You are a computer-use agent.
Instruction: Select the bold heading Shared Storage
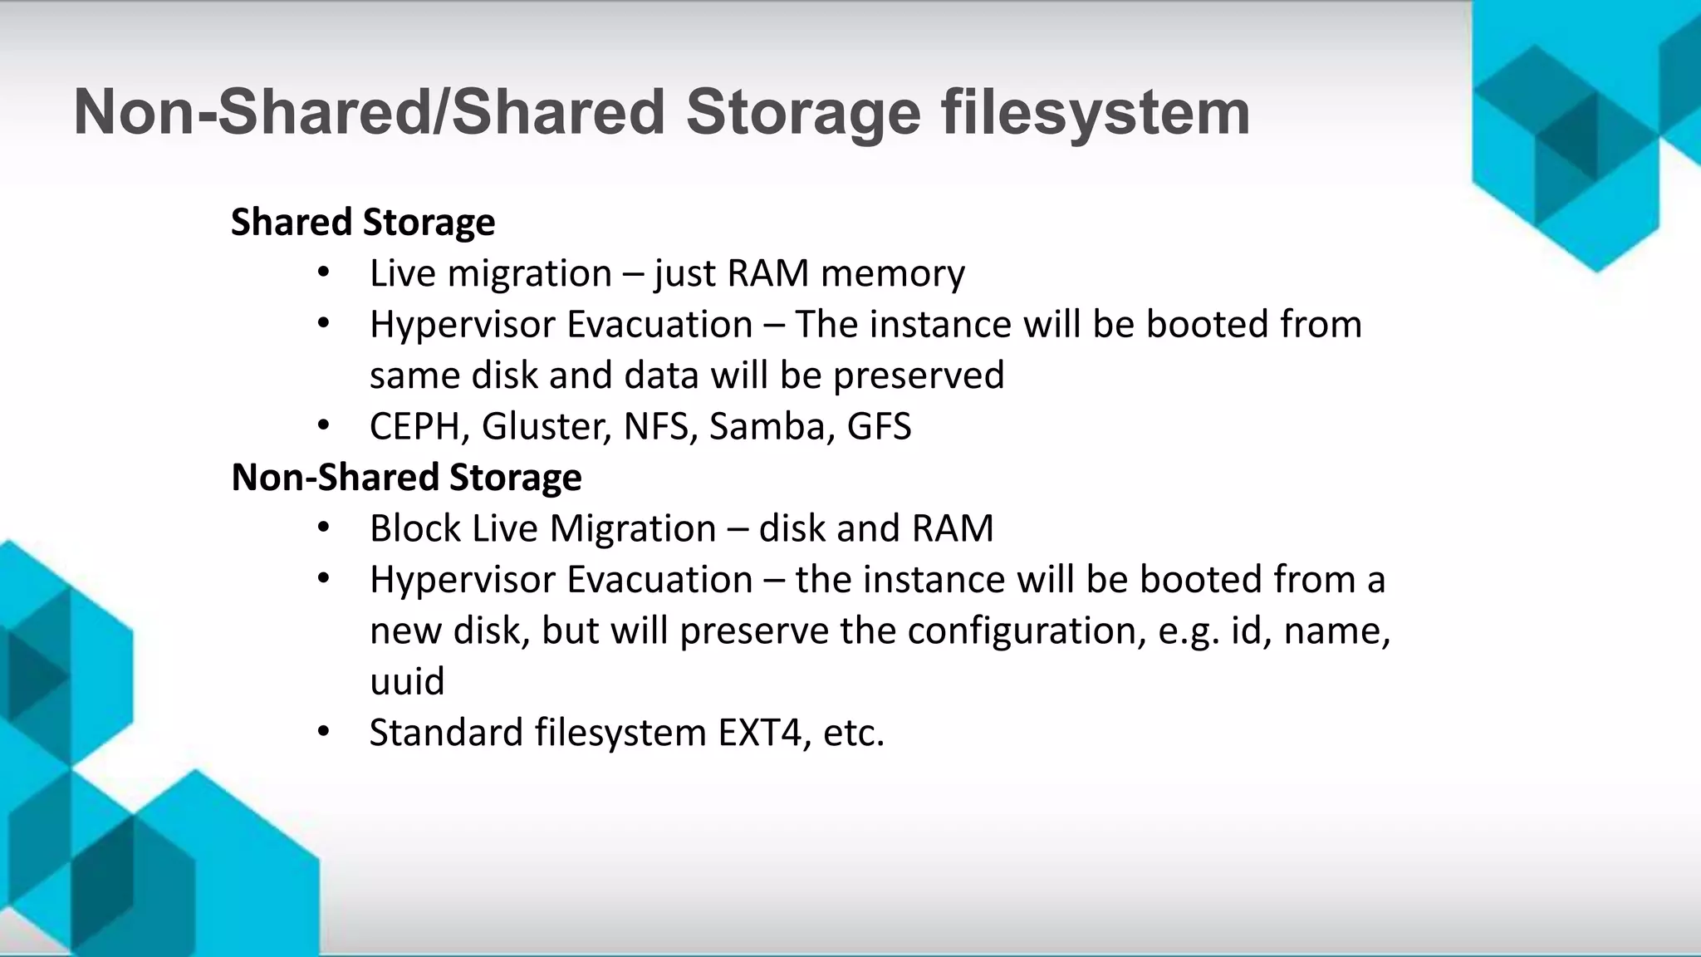(x=363, y=223)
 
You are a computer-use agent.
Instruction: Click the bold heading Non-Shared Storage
(x=406, y=478)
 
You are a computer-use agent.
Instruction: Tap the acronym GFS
(x=879, y=427)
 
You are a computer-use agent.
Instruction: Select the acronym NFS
(x=655, y=427)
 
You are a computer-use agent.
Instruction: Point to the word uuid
(x=407, y=682)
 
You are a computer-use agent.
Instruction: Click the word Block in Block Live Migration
(x=414, y=529)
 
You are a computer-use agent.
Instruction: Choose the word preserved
(x=919, y=375)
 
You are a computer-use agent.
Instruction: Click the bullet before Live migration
(x=324, y=272)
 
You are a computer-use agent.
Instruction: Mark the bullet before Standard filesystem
(x=324, y=732)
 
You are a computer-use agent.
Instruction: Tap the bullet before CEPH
(x=324, y=426)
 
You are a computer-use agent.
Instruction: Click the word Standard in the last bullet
(x=445, y=733)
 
